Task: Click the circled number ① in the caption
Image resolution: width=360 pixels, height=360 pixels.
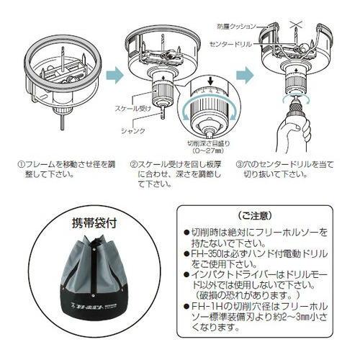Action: (22, 164)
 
